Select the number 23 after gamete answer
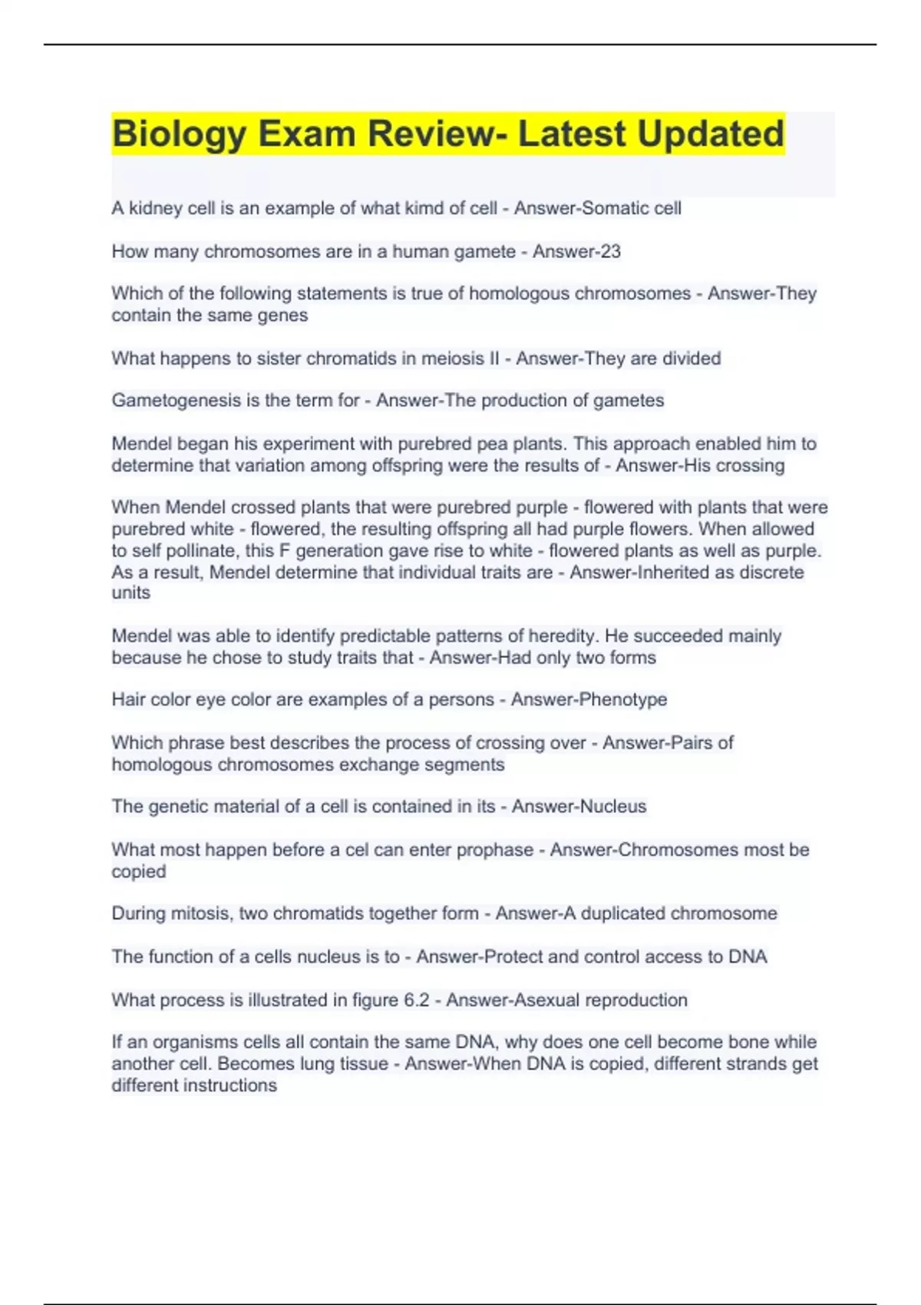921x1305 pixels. [610, 252]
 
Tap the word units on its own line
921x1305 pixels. [130, 593]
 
